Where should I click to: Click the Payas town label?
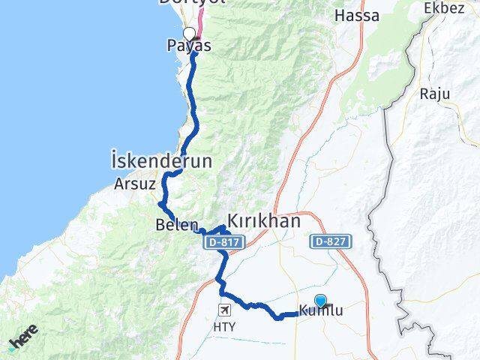click(x=188, y=46)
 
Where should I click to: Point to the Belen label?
click(x=177, y=225)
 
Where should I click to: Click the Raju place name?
click(x=434, y=94)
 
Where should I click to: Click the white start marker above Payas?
click(x=189, y=33)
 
